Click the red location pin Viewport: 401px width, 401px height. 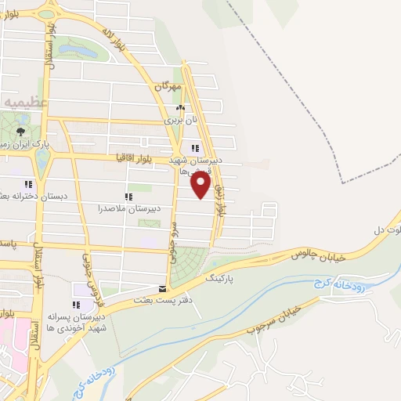[202, 186]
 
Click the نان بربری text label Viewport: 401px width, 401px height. [178, 122]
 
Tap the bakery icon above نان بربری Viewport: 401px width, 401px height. [181, 109]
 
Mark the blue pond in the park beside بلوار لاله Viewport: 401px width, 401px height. [78, 51]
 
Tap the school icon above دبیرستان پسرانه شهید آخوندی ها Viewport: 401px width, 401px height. [76, 305]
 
